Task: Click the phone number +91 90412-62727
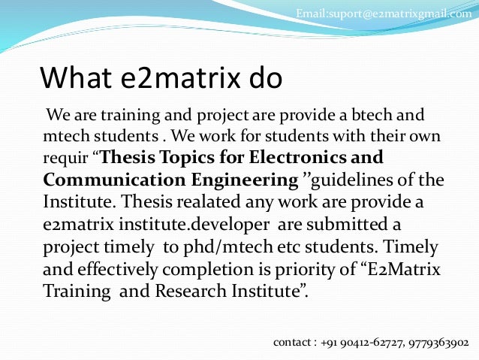tap(361, 343)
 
